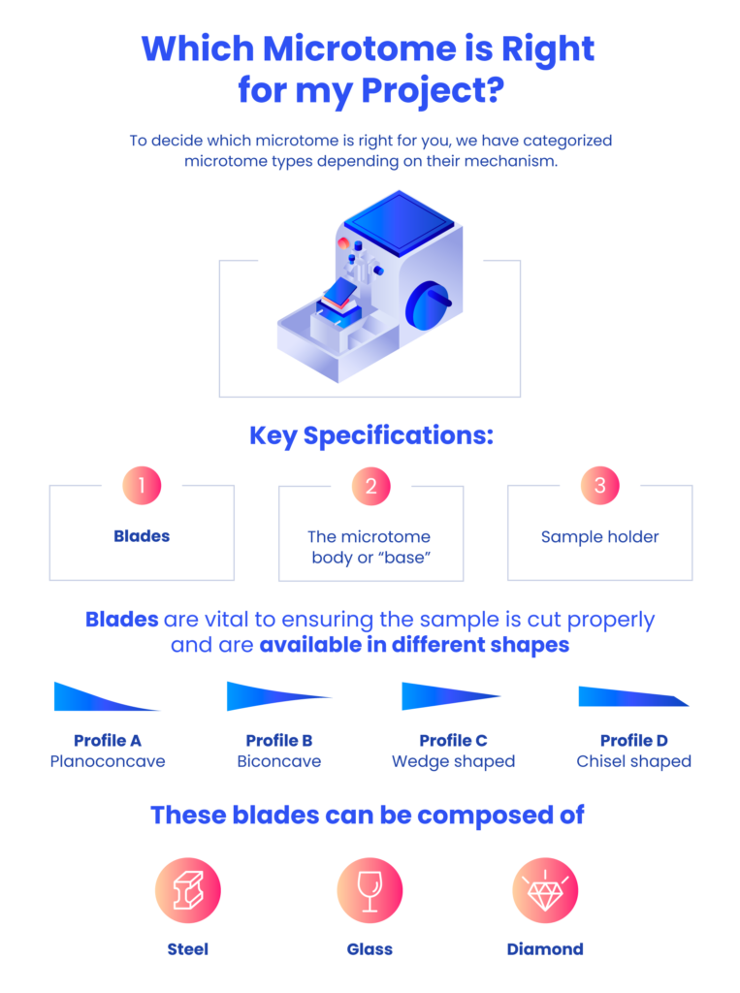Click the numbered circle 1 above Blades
click(x=142, y=485)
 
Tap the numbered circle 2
click(x=371, y=486)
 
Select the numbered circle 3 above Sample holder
click(x=600, y=485)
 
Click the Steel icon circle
click(x=188, y=890)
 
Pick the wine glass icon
click(x=370, y=890)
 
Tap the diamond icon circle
click(x=545, y=890)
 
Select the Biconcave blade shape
click(x=278, y=696)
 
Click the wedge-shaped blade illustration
click(x=451, y=696)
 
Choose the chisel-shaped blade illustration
click(x=633, y=696)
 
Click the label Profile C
click(x=454, y=740)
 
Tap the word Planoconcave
click(x=108, y=761)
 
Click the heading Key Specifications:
click(x=371, y=435)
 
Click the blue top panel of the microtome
click(x=400, y=223)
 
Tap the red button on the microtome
click(x=343, y=242)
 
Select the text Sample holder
click(x=600, y=537)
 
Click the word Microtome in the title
click(x=359, y=48)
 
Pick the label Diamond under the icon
click(x=545, y=949)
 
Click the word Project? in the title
click(x=433, y=90)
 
